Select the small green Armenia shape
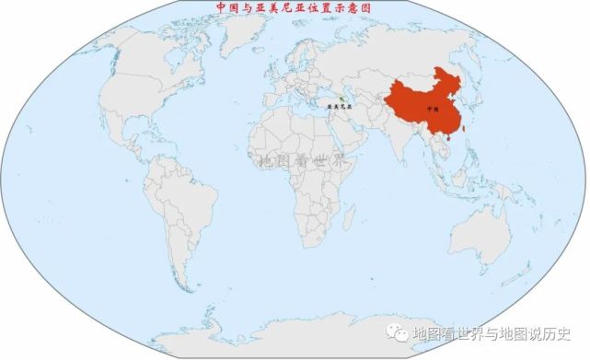[341, 99]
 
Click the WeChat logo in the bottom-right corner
[399, 332]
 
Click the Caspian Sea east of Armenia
[355, 96]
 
